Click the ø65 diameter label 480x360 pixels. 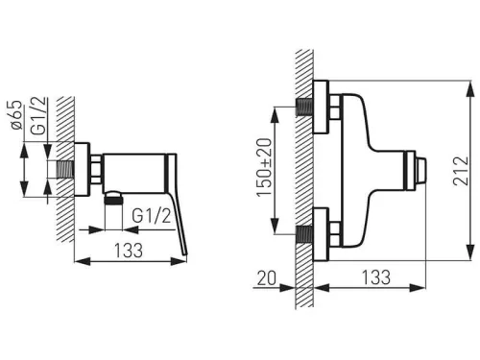[16, 115]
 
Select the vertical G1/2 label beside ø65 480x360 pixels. [39, 116]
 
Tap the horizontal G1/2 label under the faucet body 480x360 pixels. [152, 216]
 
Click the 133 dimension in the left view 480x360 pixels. [129, 251]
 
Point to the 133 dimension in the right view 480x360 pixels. [376, 277]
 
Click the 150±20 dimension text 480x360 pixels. [264, 167]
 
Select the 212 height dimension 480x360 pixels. [461, 171]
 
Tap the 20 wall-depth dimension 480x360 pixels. [266, 277]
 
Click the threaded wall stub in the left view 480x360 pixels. [65, 169]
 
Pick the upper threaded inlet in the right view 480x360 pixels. [303, 108]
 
